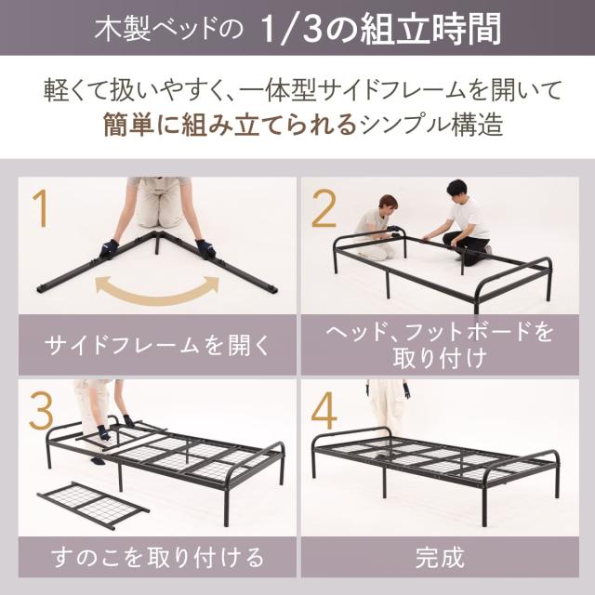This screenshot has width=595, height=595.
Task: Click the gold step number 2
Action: pyautogui.click(x=324, y=208)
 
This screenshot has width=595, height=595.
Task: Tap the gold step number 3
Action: pyautogui.click(x=41, y=411)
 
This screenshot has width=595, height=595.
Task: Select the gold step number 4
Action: pyautogui.click(x=324, y=411)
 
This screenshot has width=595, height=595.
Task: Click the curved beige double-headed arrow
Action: pyautogui.click(x=157, y=294)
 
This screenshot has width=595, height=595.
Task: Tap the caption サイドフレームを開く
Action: pyautogui.click(x=157, y=345)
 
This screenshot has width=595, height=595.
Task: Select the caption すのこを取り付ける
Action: pyautogui.click(x=157, y=558)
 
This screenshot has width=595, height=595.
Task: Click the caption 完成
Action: pyautogui.click(x=440, y=558)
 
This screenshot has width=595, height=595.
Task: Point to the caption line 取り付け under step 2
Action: pyautogui.click(x=440, y=358)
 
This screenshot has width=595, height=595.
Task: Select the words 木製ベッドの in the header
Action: pyautogui.click(x=168, y=29)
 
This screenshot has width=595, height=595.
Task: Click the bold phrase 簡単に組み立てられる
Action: pyautogui.click(x=230, y=125)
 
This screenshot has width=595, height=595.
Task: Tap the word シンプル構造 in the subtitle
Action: pyautogui.click(x=431, y=125)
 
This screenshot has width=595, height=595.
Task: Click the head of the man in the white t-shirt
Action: pyautogui.click(x=456, y=190)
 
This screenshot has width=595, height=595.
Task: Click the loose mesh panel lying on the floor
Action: pyautogui.click(x=93, y=507)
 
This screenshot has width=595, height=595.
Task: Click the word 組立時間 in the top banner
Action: pyautogui.click(x=431, y=29)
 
